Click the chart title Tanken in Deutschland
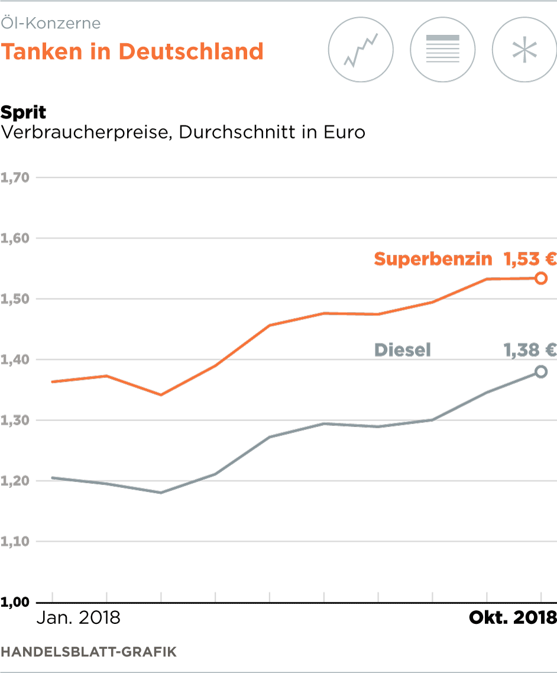point(132,51)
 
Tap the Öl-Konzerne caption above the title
point(50,24)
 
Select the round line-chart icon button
point(361,49)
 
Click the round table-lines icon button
point(443,49)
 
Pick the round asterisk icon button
point(524,49)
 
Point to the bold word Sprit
point(24,112)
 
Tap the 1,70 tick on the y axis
point(16,177)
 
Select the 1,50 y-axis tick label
point(16,299)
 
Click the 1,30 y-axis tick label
point(16,420)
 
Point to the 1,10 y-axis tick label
point(16,541)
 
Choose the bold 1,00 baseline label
point(16,603)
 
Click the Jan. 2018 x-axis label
point(79,619)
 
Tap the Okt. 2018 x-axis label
point(513,619)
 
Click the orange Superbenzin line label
point(433,259)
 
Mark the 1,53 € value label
point(530,259)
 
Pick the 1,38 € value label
point(530,350)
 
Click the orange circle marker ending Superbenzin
point(540,278)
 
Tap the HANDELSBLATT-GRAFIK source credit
point(89,652)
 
